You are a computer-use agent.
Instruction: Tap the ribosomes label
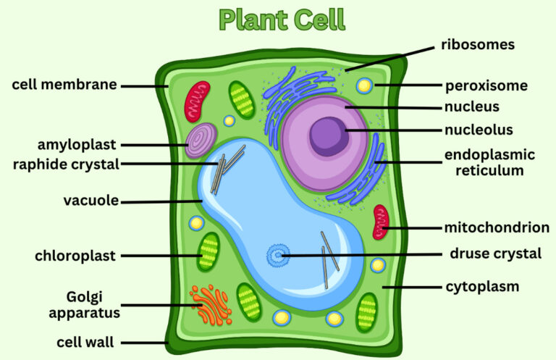click(x=478, y=45)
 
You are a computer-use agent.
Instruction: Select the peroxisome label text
click(x=486, y=85)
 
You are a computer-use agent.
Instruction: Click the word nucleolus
click(x=479, y=130)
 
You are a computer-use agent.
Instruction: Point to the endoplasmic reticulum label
click(x=489, y=163)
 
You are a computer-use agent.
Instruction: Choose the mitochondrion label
click(x=496, y=227)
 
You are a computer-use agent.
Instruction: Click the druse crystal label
click(x=495, y=254)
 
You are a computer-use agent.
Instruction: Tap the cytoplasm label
click(x=481, y=287)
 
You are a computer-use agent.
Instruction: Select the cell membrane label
click(x=64, y=85)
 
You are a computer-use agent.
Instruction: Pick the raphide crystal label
click(x=66, y=164)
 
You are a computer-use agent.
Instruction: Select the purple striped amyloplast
click(x=201, y=141)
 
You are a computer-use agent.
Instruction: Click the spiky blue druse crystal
click(x=277, y=254)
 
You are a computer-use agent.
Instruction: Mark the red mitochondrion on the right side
click(x=380, y=222)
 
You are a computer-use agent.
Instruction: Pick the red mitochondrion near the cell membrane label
click(x=195, y=101)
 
